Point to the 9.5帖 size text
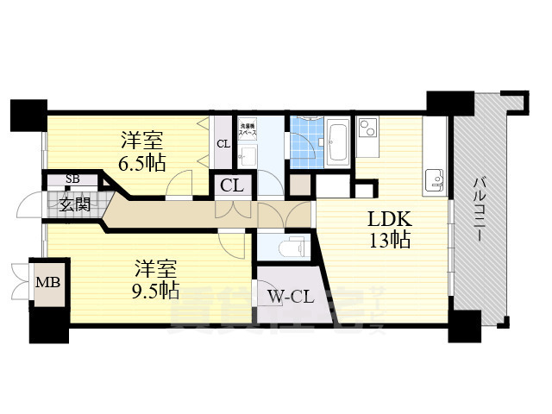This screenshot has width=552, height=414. (x=155, y=288)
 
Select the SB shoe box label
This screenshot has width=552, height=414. (x=72, y=179)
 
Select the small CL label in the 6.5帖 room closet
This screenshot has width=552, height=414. (x=223, y=144)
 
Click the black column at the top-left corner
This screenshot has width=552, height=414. (x=28, y=115)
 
